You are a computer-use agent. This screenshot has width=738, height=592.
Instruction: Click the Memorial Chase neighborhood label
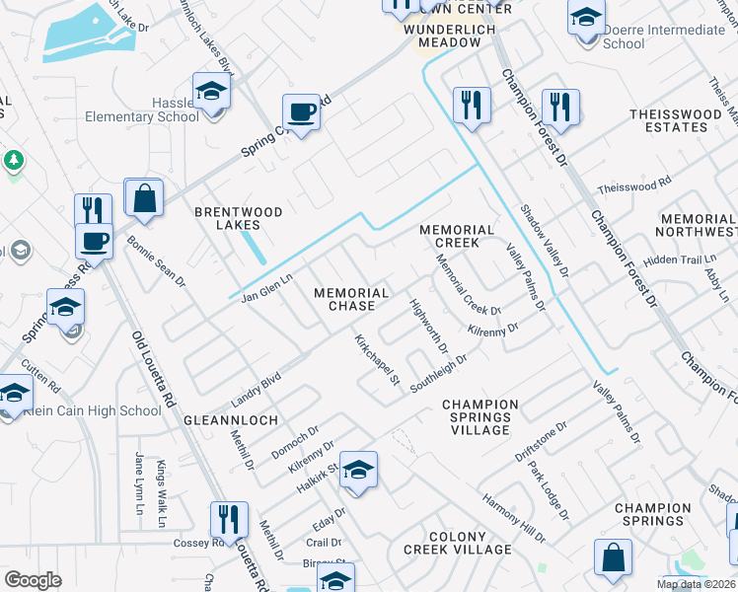coord(351,299)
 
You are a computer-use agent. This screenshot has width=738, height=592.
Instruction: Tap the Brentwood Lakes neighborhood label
coord(238,218)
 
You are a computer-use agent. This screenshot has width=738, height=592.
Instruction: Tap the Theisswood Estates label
coord(676,120)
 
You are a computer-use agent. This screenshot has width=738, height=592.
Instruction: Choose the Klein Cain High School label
coord(95,410)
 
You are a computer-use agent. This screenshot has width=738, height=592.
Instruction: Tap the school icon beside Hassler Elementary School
coord(210,92)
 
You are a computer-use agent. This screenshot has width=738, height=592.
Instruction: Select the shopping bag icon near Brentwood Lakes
coord(144,198)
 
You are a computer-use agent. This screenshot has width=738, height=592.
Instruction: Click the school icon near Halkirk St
coord(359,471)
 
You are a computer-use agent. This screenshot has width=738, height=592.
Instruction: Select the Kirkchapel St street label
coord(376,359)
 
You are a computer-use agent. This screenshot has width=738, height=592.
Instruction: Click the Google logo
coord(33,580)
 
